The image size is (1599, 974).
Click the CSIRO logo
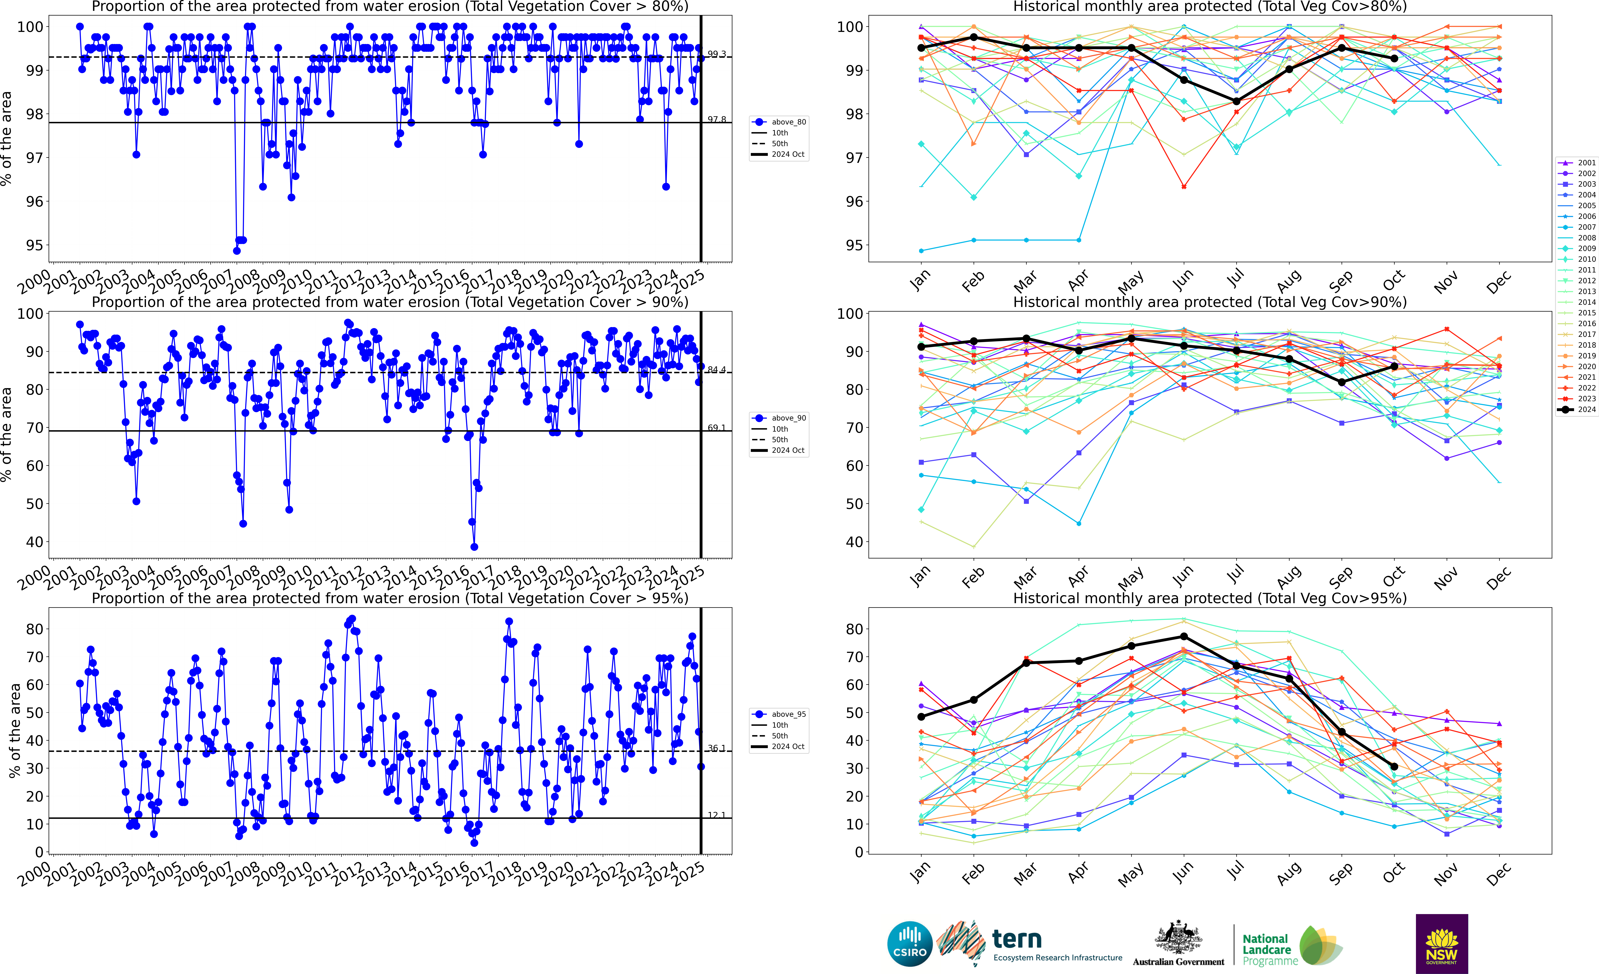910,943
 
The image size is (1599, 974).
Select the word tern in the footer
1017,939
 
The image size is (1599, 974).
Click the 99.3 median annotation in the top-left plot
717,54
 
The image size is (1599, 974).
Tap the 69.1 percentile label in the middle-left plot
717,428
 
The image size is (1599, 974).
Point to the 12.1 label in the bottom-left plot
717,815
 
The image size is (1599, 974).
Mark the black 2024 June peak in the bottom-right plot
1184,636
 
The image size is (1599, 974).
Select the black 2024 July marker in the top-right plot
1236,101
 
